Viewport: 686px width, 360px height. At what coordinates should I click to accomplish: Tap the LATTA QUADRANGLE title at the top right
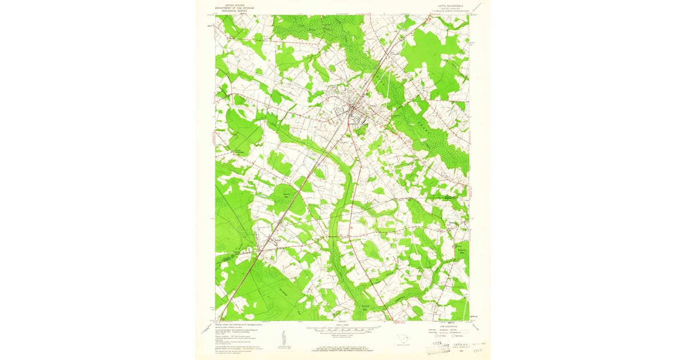448,4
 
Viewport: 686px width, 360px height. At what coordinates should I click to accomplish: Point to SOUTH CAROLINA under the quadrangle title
448,7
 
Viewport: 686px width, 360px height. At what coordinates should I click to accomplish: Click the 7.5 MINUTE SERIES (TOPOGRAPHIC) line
448,10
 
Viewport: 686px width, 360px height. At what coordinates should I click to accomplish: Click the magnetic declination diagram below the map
282,338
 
